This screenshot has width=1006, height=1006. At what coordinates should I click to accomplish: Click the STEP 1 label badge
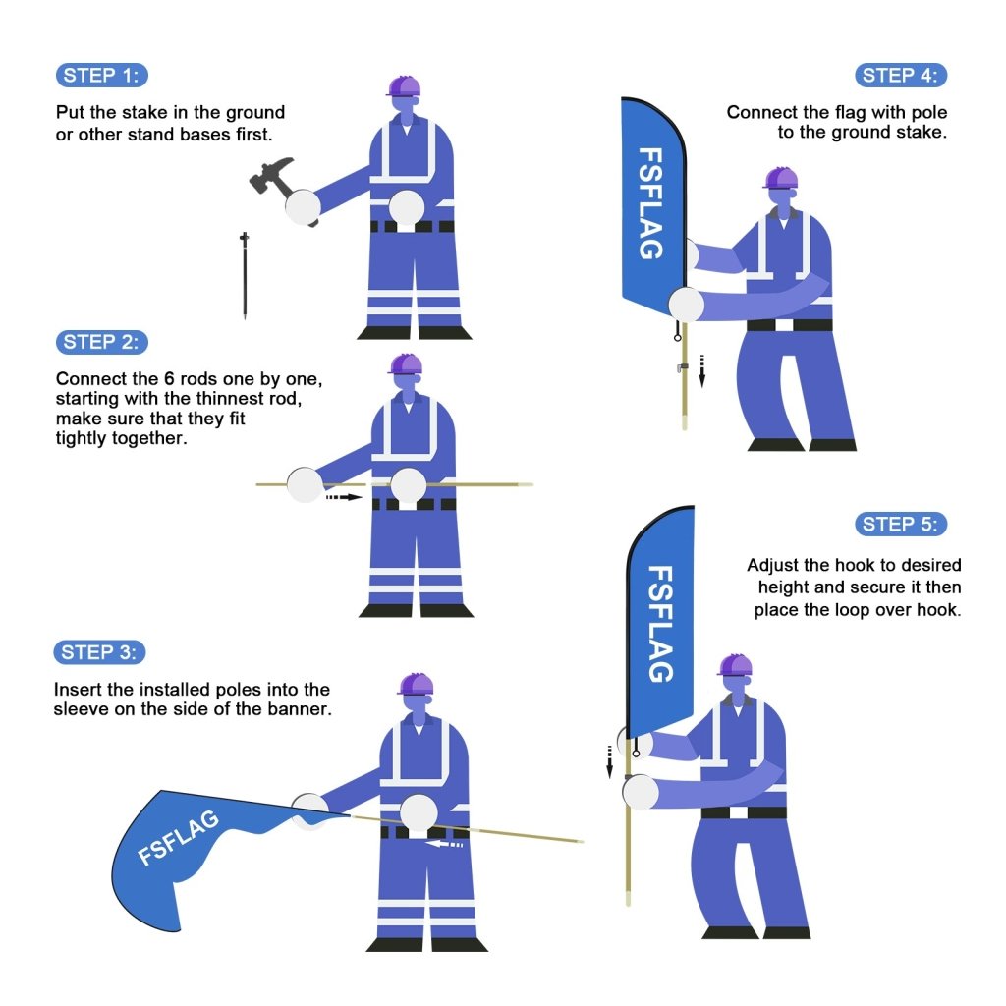tap(102, 76)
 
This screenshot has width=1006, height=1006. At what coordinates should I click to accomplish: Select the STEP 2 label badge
tap(102, 342)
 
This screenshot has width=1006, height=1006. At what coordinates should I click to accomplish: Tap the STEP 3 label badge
tap(101, 652)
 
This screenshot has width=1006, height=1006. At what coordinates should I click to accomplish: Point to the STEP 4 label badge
tap(901, 76)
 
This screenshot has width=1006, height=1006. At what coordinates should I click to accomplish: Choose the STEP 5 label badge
tap(901, 524)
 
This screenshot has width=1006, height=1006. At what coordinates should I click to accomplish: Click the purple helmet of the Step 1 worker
tap(404, 86)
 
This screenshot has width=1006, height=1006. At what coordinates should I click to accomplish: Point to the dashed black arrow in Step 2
tap(344, 497)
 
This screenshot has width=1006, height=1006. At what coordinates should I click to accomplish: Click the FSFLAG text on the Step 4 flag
tap(650, 202)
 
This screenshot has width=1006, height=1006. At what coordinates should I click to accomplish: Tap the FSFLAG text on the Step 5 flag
tap(662, 623)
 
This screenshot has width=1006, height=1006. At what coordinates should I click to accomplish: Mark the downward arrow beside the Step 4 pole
tap(701, 370)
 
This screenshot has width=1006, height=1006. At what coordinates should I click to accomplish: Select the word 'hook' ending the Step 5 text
tap(940, 610)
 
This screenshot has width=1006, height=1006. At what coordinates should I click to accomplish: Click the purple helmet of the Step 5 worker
tap(735, 666)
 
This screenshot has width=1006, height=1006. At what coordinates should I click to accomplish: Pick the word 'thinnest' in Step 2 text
tap(202, 399)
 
